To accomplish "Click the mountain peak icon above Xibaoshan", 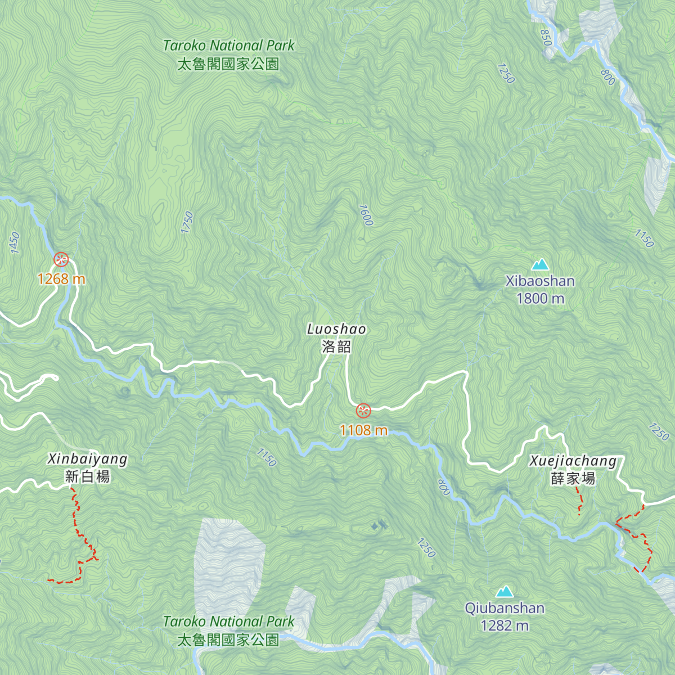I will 540,264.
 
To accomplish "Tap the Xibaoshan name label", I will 540,281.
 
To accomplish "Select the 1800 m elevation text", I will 540,298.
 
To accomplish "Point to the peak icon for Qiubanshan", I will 505,591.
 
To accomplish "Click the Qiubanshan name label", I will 505,608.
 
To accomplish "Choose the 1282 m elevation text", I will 505,625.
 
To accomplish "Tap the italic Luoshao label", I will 336,329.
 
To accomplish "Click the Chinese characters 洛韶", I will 336,346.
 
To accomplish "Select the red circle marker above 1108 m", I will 364,411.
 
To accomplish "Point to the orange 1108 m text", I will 364,430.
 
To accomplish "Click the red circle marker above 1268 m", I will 61,259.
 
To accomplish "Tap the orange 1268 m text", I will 61,278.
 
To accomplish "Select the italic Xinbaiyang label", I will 87,459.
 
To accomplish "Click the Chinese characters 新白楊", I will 87,477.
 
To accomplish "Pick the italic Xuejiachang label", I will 573,461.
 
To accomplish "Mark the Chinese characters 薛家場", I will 573,479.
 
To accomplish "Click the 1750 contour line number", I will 187,222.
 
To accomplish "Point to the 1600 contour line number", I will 365,215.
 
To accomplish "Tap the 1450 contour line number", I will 15,243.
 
